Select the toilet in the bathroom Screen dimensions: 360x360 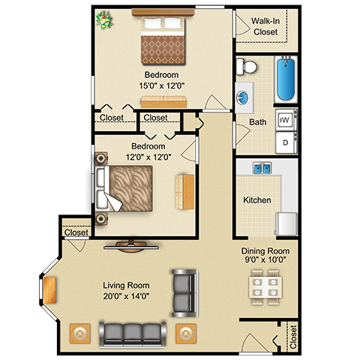(242, 68)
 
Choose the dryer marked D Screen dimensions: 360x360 (286, 140)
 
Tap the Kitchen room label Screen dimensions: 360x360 (256, 200)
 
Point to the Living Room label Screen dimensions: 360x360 (126, 286)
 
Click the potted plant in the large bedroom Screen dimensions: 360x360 (103, 19)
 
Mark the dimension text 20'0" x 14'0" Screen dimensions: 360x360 (126, 296)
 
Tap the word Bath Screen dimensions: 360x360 (257, 121)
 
